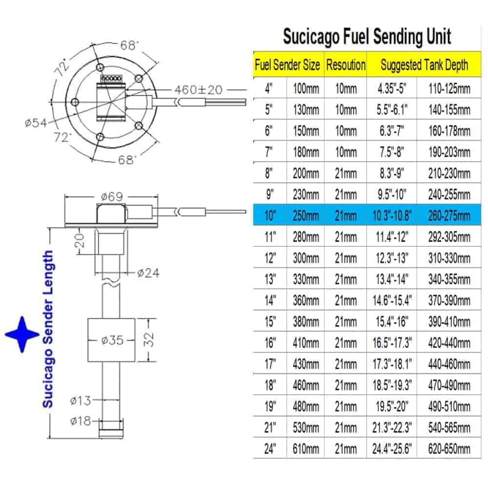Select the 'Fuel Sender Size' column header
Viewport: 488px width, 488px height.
coord(287,64)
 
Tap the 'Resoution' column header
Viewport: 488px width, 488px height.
coord(346,64)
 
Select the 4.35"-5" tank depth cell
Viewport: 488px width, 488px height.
coord(391,89)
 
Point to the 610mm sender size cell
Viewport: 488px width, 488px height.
coord(305,448)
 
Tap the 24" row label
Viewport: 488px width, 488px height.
coord(269,448)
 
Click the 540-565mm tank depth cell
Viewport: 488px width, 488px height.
coord(449,427)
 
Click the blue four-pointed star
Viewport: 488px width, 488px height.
coord(22,334)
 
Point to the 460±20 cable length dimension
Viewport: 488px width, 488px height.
coord(199,90)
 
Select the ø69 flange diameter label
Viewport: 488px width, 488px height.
coord(113,198)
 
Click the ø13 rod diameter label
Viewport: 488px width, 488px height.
coord(80,401)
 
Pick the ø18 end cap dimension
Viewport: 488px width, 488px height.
coord(80,421)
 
